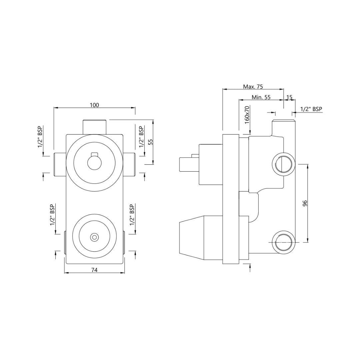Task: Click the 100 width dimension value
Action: coord(94,105)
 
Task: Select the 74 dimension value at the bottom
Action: coord(94,270)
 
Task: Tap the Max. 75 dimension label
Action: coord(253,87)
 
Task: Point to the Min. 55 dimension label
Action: coord(261,97)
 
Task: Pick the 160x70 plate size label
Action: coord(247,115)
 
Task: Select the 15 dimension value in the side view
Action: coord(289,97)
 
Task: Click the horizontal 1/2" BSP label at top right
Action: coord(311,109)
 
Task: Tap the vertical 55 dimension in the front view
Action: coord(150,142)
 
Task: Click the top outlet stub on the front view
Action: coord(94,127)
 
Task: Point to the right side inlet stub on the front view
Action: coord(130,165)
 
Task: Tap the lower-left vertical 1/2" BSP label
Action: coord(52,215)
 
